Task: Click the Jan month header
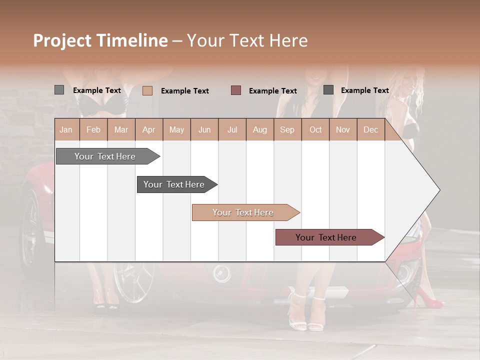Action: point(66,130)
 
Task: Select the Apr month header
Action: point(148,130)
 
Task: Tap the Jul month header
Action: point(232,130)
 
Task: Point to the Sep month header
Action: point(287,130)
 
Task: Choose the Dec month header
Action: point(370,130)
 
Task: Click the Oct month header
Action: point(315,130)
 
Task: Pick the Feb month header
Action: point(93,130)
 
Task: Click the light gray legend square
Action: point(59,90)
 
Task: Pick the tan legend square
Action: point(147,90)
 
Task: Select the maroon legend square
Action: point(236,90)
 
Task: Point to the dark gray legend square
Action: point(328,90)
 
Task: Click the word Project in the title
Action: point(62,40)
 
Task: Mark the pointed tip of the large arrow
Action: point(439,190)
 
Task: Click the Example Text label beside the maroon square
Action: point(272,91)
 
